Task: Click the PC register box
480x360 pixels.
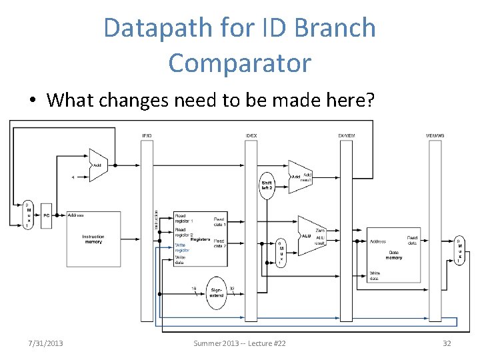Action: point(46,215)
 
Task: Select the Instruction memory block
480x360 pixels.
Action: point(93,238)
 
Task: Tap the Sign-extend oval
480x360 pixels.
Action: point(216,292)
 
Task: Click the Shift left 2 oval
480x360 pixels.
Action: point(267,185)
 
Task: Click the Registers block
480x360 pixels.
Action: point(200,239)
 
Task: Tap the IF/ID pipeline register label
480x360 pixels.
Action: point(147,136)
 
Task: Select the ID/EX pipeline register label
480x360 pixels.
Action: point(251,136)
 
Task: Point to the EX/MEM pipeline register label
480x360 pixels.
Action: point(347,136)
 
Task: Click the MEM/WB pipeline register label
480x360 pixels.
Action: point(435,136)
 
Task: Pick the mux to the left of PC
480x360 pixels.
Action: point(28,215)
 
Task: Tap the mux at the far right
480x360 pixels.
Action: point(459,251)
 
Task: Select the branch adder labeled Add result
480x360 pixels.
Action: point(300,177)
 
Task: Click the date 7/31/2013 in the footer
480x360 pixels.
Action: point(46,343)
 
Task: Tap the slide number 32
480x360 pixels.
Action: point(447,343)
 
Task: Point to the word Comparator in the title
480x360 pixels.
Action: point(239,63)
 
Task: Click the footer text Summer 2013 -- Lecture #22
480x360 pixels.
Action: point(239,343)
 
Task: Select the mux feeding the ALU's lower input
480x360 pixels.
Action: point(281,253)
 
